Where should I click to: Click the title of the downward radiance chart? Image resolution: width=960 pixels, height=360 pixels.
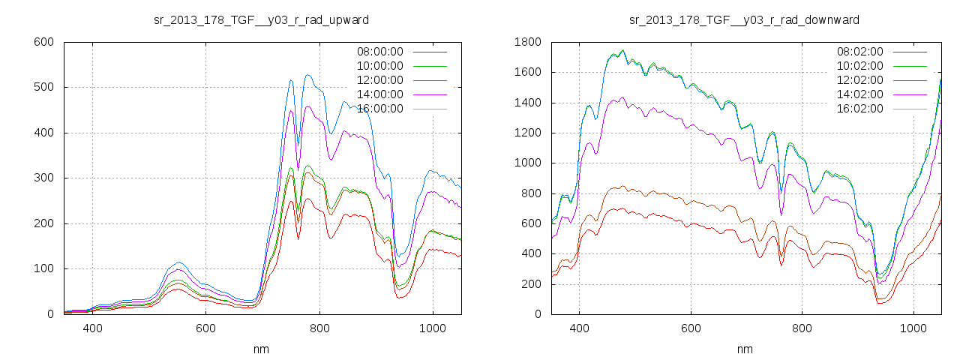click(x=744, y=19)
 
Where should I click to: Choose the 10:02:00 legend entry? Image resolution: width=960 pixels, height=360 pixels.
click(x=859, y=66)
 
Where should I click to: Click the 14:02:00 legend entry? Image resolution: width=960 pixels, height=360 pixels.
click(x=859, y=94)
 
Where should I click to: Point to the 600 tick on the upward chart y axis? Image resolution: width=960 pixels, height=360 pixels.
click(x=43, y=42)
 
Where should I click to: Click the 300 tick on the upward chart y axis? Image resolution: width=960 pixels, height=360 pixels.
click(x=43, y=178)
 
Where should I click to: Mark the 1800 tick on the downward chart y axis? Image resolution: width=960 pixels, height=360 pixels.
click(x=527, y=42)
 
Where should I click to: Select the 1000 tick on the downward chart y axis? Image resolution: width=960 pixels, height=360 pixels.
click(x=527, y=163)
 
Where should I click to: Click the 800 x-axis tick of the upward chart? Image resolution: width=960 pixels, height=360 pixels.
click(x=319, y=328)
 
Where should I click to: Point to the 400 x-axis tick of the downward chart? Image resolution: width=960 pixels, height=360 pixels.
click(x=579, y=328)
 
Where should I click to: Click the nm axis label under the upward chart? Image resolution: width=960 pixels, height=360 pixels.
click(x=262, y=349)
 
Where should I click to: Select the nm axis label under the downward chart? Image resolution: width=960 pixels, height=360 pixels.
click(x=745, y=349)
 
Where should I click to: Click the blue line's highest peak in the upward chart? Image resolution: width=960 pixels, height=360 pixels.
click(x=308, y=75)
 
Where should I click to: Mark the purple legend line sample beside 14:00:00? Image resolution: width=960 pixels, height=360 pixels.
click(x=428, y=94)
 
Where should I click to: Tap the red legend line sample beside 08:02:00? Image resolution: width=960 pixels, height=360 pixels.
click(x=909, y=52)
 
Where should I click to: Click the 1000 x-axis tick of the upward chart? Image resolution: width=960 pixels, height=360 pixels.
click(x=433, y=328)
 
